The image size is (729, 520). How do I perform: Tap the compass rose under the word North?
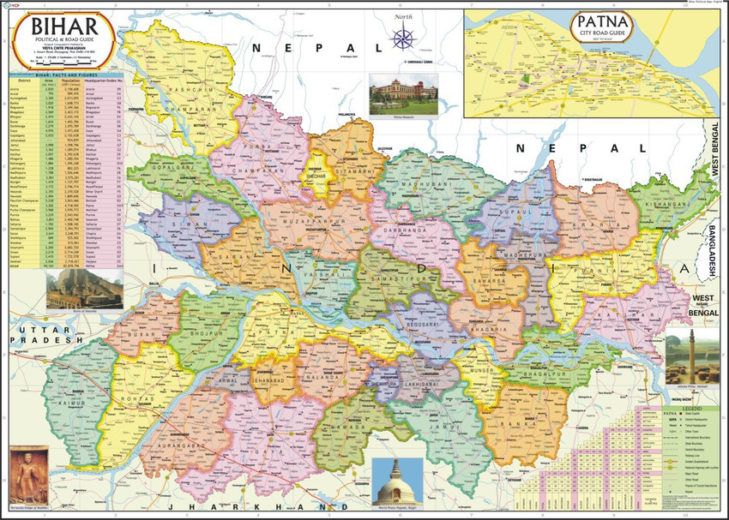(402, 38)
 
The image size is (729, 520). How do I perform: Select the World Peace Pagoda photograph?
(397, 480)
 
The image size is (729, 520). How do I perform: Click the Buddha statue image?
(28, 475)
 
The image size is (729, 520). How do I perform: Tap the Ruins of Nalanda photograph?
(71, 290)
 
